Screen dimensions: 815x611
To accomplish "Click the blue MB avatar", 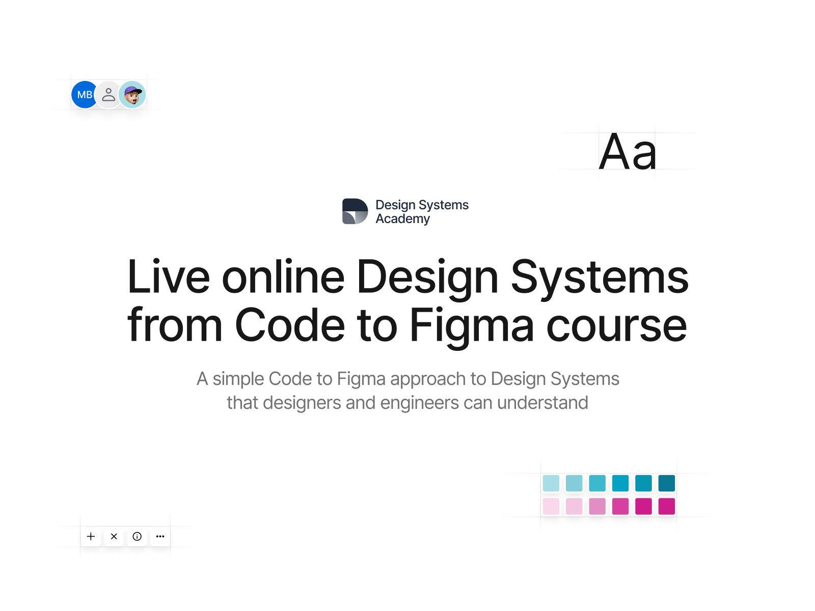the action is click(84, 95).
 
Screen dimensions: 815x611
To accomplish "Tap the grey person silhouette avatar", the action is click(108, 95).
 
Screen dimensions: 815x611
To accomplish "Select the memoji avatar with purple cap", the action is click(132, 95).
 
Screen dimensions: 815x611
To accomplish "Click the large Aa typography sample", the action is click(628, 152).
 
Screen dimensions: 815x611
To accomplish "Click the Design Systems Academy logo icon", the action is click(355, 211).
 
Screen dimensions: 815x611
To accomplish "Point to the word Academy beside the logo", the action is click(402, 219).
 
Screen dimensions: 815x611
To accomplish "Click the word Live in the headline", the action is click(169, 277).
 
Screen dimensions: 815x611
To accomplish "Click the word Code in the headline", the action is click(290, 325).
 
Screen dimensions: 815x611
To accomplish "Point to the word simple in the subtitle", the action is click(238, 379).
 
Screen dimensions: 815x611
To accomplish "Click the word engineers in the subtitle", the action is click(420, 403).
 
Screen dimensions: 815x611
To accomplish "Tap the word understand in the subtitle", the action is click(543, 403).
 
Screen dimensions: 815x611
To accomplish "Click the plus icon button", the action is click(91, 537).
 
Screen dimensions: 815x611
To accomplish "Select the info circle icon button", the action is click(137, 537).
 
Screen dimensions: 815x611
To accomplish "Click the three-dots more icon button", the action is click(160, 537).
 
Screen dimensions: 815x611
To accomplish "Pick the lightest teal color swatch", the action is click(551, 483).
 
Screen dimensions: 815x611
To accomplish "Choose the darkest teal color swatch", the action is click(666, 483).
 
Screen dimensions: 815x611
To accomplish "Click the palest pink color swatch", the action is click(551, 507).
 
